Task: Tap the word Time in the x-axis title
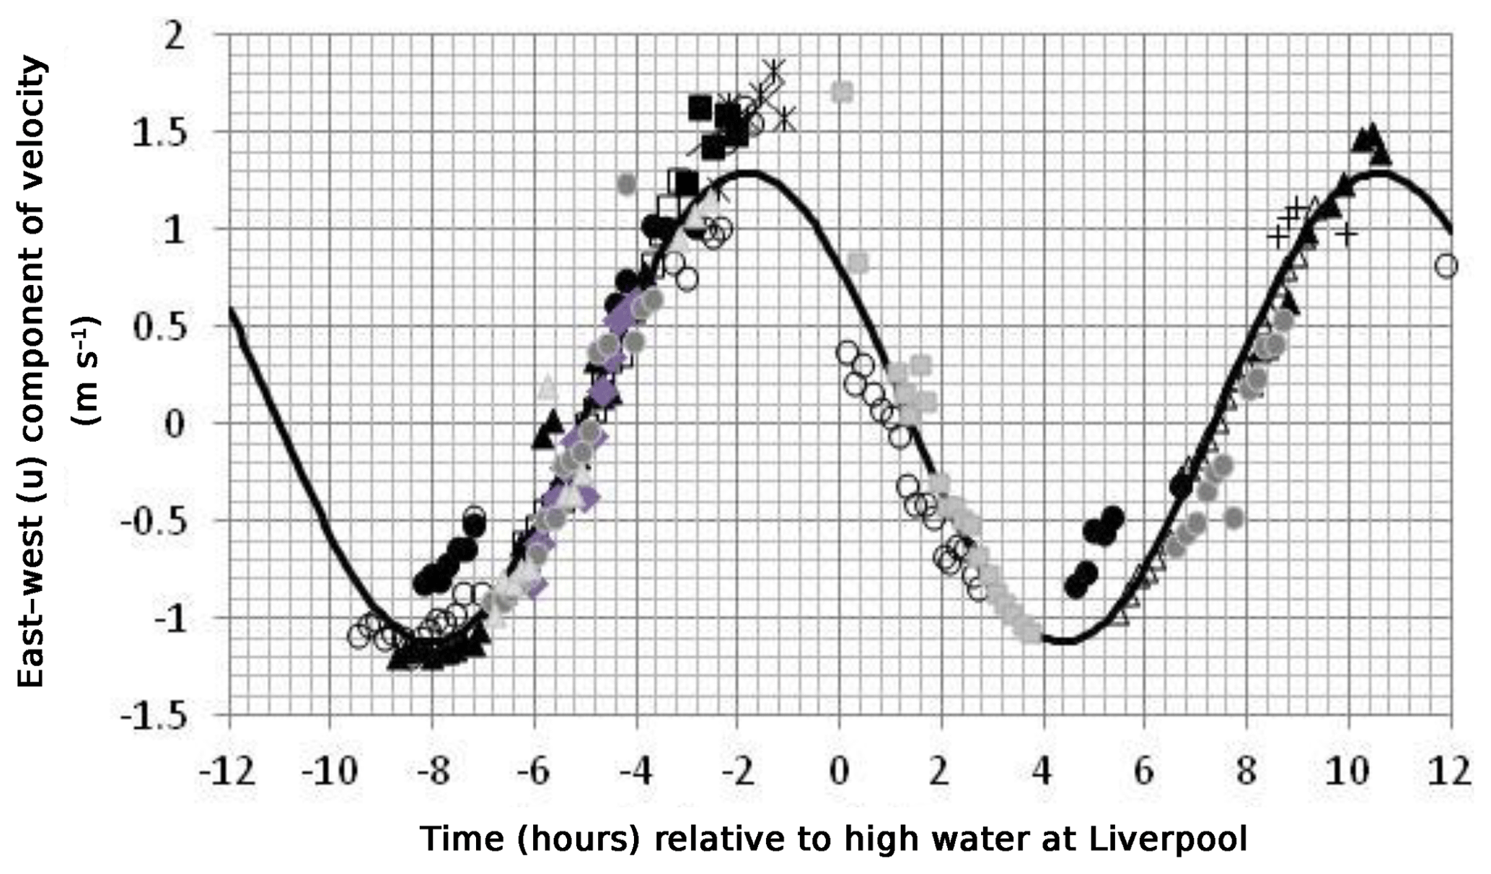click(x=452, y=839)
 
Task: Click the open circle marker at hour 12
click(x=1446, y=266)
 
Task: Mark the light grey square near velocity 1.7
click(x=842, y=92)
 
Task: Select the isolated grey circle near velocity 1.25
click(x=627, y=184)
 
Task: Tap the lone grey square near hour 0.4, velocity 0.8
click(x=858, y=263)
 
